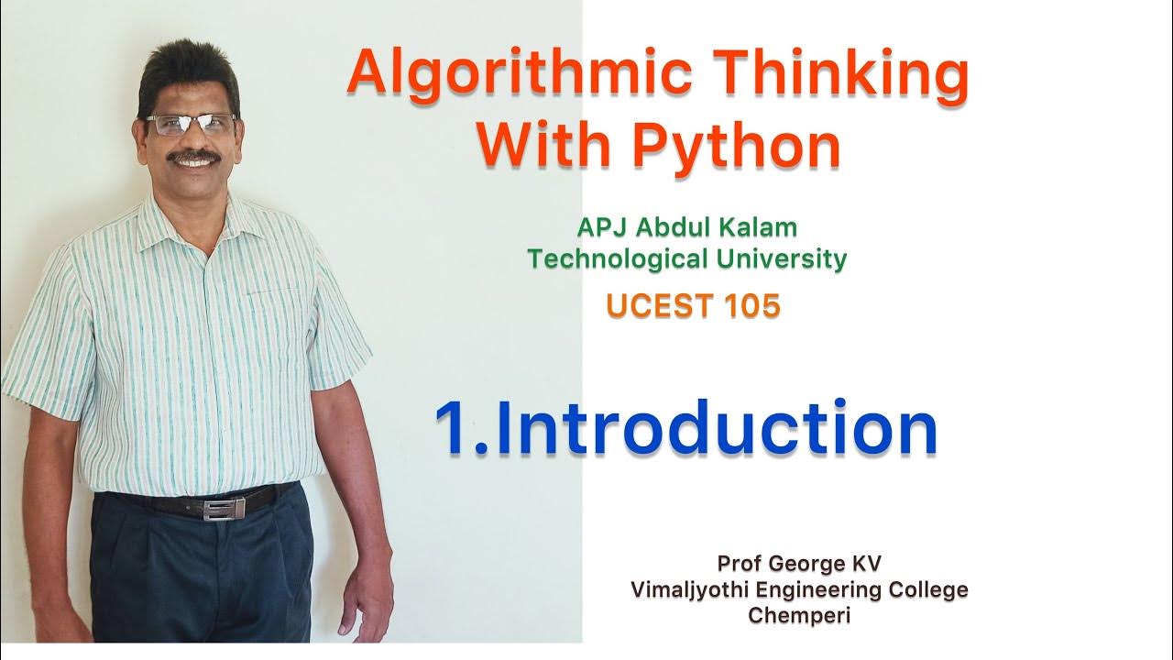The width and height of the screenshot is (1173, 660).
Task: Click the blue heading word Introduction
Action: (724, 429)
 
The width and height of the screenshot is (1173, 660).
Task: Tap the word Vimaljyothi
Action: (683, 589)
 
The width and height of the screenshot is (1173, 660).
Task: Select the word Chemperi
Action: (799, 615)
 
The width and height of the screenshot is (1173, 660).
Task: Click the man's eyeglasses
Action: (192, 125)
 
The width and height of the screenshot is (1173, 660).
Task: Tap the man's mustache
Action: (195, 158)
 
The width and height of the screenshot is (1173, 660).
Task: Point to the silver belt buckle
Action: (216, 510)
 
